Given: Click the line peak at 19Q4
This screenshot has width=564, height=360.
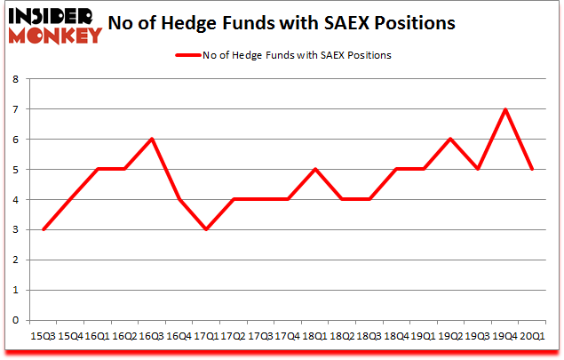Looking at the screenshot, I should (x=505, y=109).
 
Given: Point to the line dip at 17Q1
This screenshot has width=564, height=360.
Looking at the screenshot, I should (x=205, y=229).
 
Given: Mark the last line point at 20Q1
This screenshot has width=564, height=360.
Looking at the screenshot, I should (x=533, y=169).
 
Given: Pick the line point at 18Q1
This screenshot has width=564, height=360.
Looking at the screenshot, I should (x=314, y=169).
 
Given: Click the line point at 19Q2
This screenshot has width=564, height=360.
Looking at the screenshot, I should (x=451, y=140).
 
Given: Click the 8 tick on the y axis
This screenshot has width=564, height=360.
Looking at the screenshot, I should (x=15, y=79).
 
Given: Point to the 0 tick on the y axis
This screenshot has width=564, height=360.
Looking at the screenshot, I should (x=15, y=320).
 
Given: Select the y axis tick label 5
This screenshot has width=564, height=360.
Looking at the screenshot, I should (x=15, y=170).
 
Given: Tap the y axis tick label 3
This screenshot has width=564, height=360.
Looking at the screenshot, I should (x=15, y=229).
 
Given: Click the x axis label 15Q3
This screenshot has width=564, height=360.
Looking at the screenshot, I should (x=42, y=336).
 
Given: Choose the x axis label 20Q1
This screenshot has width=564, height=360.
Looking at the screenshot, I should (x=533, y=336).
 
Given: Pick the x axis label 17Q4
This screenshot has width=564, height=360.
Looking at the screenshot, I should (x=287, y=336).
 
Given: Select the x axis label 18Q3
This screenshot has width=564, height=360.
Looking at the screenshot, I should (x=369, y=336).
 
